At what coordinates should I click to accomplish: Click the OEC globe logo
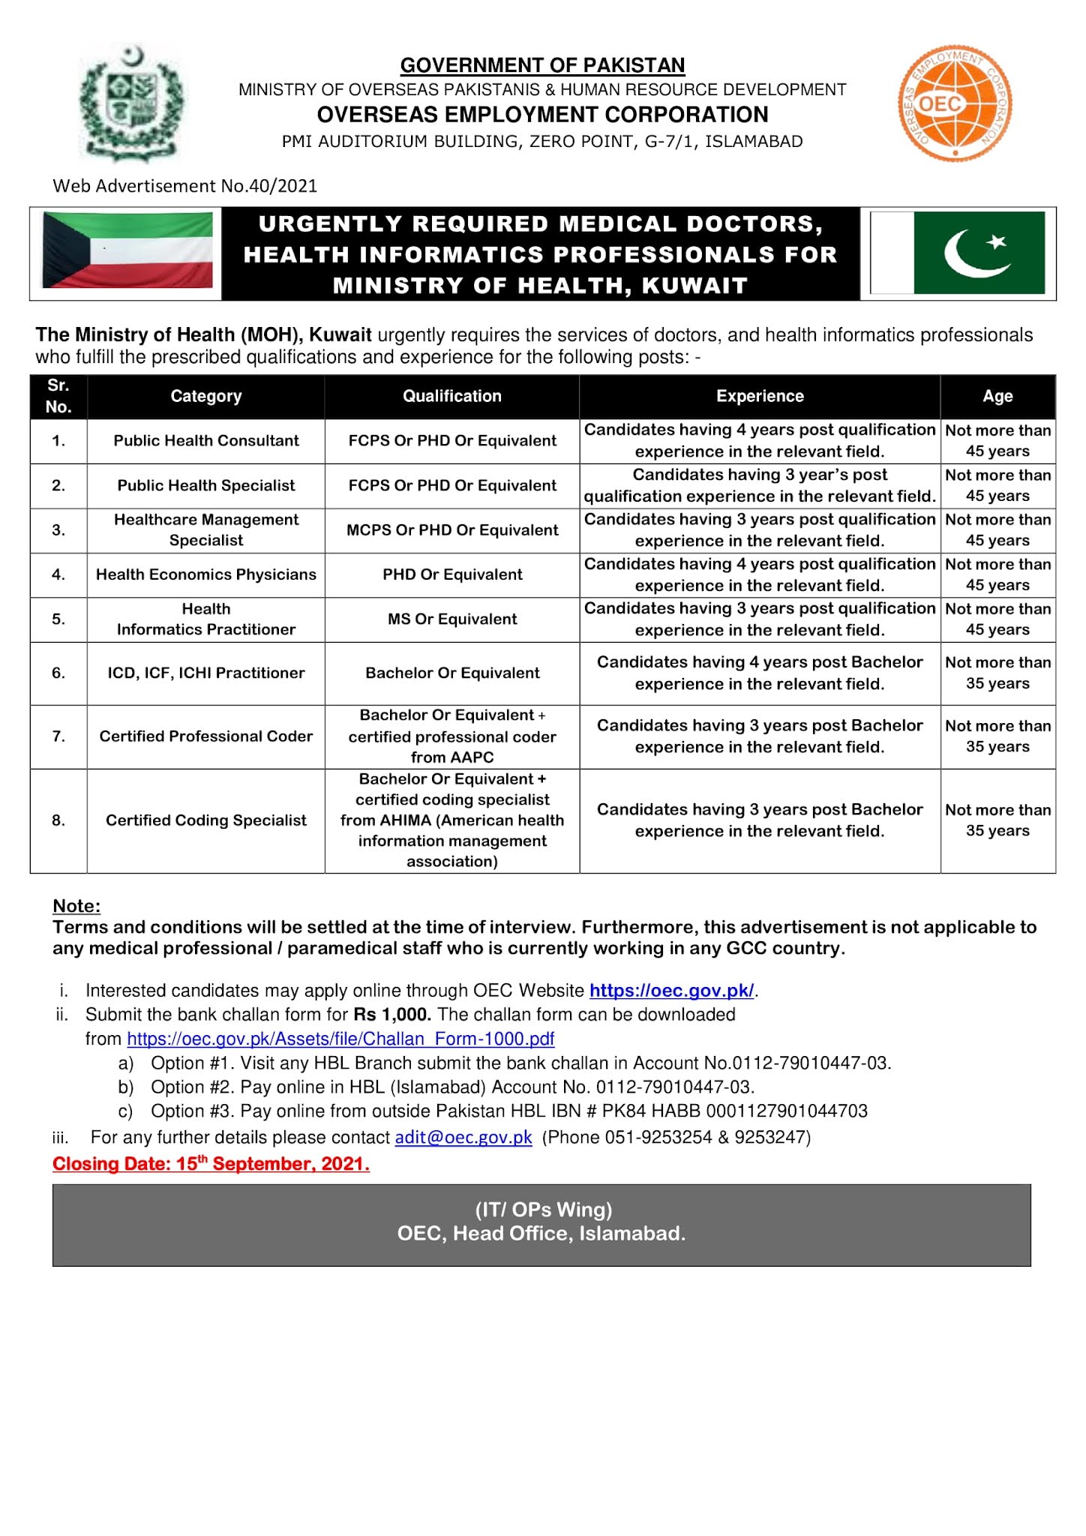pyautogui.click(x=955, y=104)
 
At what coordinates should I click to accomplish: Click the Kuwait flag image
pyautogui.click(x=127, y=250)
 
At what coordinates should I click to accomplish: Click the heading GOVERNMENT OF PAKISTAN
pyautogui.click(x=542, y=65)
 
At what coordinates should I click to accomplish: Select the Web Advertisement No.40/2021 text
pyautogui.click(x=184, y=186)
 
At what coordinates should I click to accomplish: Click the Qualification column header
pyautogui.click(x=451, y=396)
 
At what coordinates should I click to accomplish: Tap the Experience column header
pyautogui.click(x=759, y=396)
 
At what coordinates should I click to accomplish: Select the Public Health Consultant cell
pyautogui.click(x=206, y=441)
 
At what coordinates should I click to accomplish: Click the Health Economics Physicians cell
pyautogui.click(x=206, y=574)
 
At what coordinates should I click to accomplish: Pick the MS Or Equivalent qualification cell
pyautogui.click(x=451, y=619)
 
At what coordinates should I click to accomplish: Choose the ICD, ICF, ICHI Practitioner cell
pyautogui.click(x=206, y=673)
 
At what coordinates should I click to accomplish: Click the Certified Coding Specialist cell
pyautogui.click(x=206, y=820)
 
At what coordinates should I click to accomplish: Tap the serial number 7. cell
pyautogui.click(x=58, y=736)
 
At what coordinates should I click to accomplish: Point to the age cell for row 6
pyautogui.click(x=997, y=673)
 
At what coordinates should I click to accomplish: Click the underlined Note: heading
pyautogui.click(x=76, y=906)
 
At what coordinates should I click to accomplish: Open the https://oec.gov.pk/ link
pyautogui.click(x=671, y=991)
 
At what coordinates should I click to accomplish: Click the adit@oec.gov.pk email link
pyautogui.click(x=463, y=1138)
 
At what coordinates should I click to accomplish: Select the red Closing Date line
pyautogui.click(x=211, y=1164)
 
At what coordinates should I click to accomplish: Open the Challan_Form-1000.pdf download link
pyautogui.click(x=340, y=1039)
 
